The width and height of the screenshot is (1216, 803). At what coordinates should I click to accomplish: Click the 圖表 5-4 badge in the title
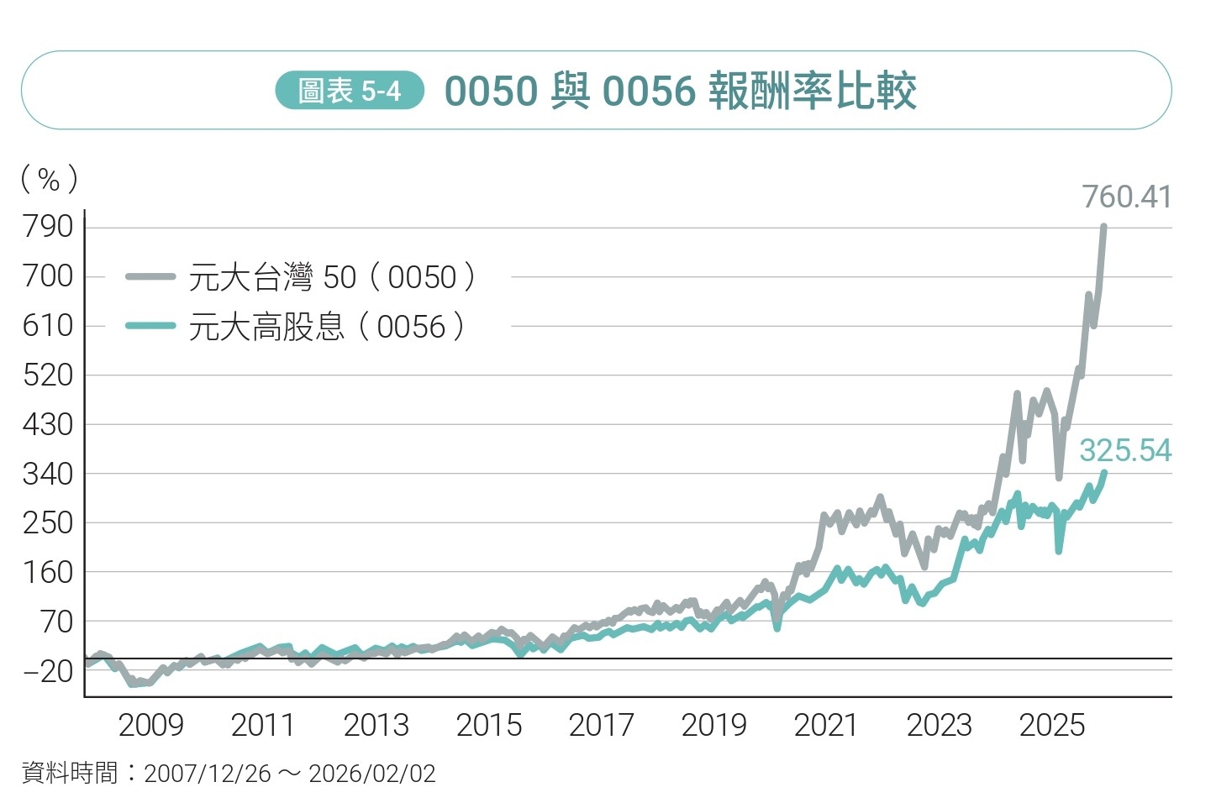click(350, 91)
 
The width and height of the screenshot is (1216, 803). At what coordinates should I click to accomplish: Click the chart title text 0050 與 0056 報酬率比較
click(680, 91)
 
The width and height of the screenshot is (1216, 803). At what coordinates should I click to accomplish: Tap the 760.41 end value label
click(1126, 197)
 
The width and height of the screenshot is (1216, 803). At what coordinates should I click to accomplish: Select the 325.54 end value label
click(1125, 451)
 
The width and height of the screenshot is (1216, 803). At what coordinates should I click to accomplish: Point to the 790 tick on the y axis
click(48, 227)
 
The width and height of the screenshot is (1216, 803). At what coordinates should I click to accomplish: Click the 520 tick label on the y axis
click(48, 375)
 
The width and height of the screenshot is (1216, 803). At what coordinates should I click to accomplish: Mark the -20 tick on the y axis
click(48, 671)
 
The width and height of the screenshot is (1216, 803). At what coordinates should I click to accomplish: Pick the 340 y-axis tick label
click(48, 475)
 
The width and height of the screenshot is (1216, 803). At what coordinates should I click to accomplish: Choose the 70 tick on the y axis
click(57, 622)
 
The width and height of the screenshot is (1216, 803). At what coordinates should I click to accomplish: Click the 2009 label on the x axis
click(150, 725)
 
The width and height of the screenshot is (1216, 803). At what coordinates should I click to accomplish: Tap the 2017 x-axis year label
click(601, 725)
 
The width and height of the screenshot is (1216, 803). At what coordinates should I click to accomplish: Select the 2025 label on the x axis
click(1051, 725)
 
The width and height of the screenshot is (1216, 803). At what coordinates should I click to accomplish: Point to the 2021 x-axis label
click(826, 725)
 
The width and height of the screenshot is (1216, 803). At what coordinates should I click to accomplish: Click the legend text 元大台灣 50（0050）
click(333, 277)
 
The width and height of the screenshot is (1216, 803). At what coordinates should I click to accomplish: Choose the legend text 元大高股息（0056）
click(327, 327)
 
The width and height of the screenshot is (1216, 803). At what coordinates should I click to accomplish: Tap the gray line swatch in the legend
click(150, 276)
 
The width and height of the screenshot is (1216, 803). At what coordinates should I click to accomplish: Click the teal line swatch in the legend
click(150, 326)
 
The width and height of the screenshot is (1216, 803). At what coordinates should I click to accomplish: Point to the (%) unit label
click(49, 179)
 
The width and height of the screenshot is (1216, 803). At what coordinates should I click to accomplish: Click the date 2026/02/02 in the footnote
click(372, 774)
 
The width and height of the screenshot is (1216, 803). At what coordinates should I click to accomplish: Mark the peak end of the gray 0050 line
click(1103, 227)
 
